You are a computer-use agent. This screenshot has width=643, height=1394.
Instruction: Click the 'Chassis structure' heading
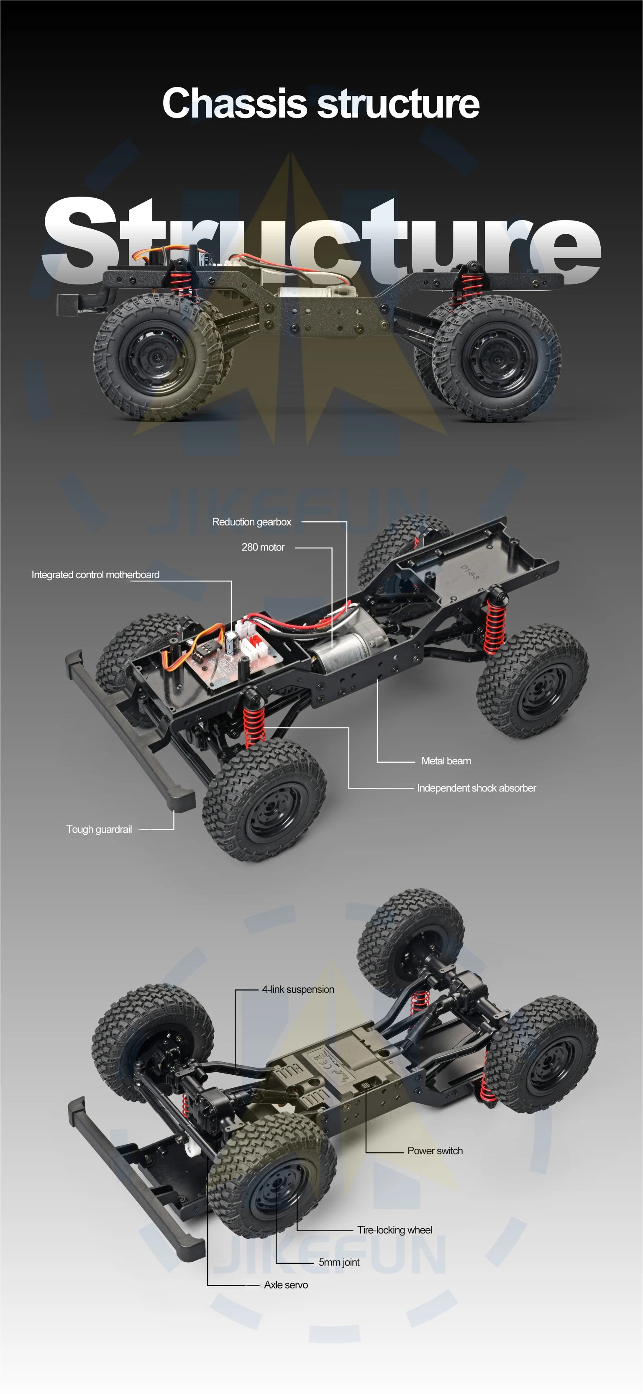pyautogui.click(x=321, y=103)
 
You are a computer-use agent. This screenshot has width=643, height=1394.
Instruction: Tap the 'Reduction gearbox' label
pyautogui.click(x=252, y=522)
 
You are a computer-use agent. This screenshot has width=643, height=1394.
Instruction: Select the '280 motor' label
pyautogui.click(x=263, y=547)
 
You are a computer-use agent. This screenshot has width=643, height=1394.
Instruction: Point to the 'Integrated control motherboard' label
pyautogui.click(x=95, y=575)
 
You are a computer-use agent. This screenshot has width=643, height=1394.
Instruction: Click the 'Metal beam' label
pyautogui.click(x=446, y=761)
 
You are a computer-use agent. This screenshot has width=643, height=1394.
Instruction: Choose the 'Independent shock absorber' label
pyautogui.click(x=476, y=788)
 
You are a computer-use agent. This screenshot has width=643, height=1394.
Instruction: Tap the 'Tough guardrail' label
pyautogui.click(x=99, y=830)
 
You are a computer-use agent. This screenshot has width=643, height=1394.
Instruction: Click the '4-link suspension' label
pyautogui.click(x=298, y=989)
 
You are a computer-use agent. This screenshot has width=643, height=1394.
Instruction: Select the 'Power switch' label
pyautogui.click(x=435, y=1151)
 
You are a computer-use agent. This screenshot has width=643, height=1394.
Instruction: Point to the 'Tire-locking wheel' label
pyautogui.click(x=395, y=1230)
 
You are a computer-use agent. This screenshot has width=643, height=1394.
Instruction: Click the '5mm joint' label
pyautogui.click(x=339, y=1262)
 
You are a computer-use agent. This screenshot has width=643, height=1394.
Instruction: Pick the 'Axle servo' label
pyautogui.click(x=286, y=1285)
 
